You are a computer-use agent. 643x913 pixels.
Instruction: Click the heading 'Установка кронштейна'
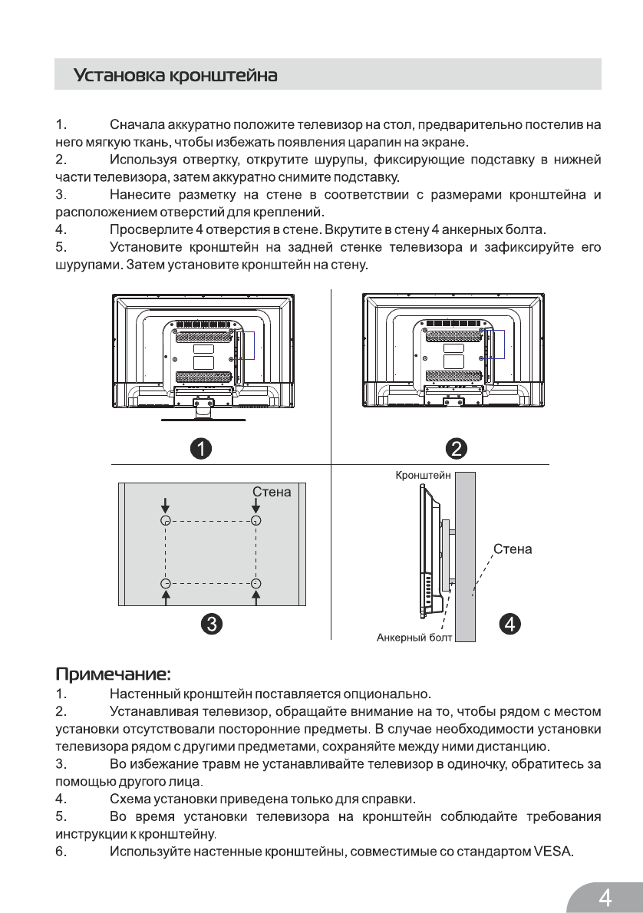click(175, 77)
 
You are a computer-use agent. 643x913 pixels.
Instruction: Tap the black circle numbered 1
click(202, 448)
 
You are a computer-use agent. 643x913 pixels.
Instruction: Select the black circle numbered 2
click(453, 448)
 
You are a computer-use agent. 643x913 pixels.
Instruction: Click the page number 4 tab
click(605, 895)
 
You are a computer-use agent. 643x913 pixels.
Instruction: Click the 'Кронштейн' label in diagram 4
click(422, 476)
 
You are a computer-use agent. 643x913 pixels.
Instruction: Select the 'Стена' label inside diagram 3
click(272, 492)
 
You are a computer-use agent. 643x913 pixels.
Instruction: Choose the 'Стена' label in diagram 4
click(513, 549)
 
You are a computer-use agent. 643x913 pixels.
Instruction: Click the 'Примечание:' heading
click(113, 675)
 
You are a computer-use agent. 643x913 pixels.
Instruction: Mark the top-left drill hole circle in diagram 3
click(165, 520)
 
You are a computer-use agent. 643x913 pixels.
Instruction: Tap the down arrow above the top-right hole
click(256, 506)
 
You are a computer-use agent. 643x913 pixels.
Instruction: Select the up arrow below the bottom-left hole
click(165, 597)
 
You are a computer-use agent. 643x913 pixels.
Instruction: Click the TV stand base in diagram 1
click(203, 420)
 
